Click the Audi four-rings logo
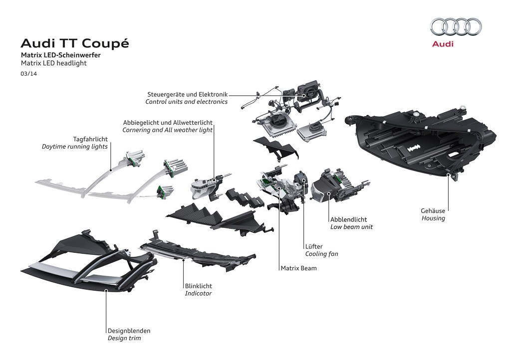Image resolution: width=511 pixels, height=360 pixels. (456, 26)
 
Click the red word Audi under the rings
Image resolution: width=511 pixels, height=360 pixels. (443, 44)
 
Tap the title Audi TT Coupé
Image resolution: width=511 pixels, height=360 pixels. (74, 43)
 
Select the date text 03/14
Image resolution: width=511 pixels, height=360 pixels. (29, 73)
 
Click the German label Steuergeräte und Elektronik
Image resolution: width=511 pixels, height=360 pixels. (187, 94)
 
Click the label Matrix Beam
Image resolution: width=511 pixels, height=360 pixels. (298, 268)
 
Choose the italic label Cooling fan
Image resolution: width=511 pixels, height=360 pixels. (321, 254)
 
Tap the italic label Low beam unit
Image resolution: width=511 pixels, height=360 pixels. (351, 227)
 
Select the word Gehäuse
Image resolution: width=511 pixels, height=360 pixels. (433, 211)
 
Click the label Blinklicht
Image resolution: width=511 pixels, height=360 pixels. (199, 286)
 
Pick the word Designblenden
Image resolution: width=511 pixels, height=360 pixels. (129, 331)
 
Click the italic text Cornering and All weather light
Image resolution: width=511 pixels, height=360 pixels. (167, 130)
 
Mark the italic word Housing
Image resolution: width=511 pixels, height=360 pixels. (433, 218)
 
